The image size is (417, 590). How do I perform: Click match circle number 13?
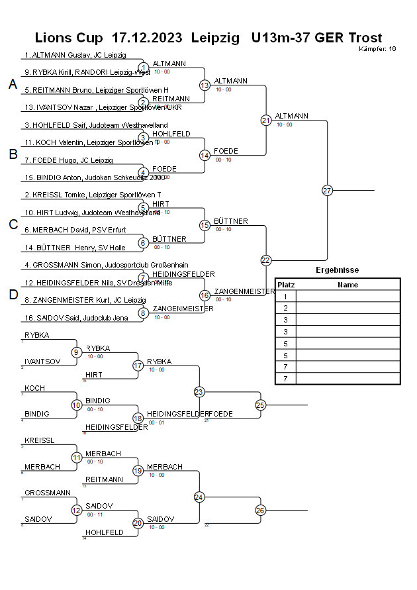click(205, 85)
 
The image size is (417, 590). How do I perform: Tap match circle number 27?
click(327, 191)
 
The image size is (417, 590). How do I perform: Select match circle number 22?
click(266, 260)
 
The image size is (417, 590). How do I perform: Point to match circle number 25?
click(260, 405)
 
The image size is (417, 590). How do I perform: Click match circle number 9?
click(76, 352)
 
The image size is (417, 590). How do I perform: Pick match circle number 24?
click(199, 497)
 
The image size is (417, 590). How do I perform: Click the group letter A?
click(13, 84)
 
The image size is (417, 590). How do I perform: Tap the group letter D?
click(13, 295)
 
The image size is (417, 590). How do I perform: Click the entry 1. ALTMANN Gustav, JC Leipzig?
click(75, 55)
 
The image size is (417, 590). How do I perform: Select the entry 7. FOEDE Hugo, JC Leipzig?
click(69, 160)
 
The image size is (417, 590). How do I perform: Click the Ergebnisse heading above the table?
click(338, 270)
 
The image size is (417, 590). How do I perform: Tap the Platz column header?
click(286, 285)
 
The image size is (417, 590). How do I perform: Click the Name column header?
click(347, 285)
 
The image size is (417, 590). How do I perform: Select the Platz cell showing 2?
click(286, 308)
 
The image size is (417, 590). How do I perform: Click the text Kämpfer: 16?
click(377, 49)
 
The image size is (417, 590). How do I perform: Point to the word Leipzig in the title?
click(215, 38)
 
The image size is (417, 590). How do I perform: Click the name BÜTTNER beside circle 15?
click(231, 221)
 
